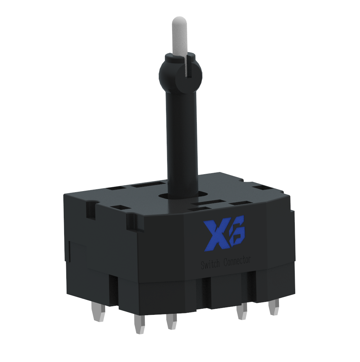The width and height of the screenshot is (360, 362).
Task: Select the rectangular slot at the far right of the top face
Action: point(262,187)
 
